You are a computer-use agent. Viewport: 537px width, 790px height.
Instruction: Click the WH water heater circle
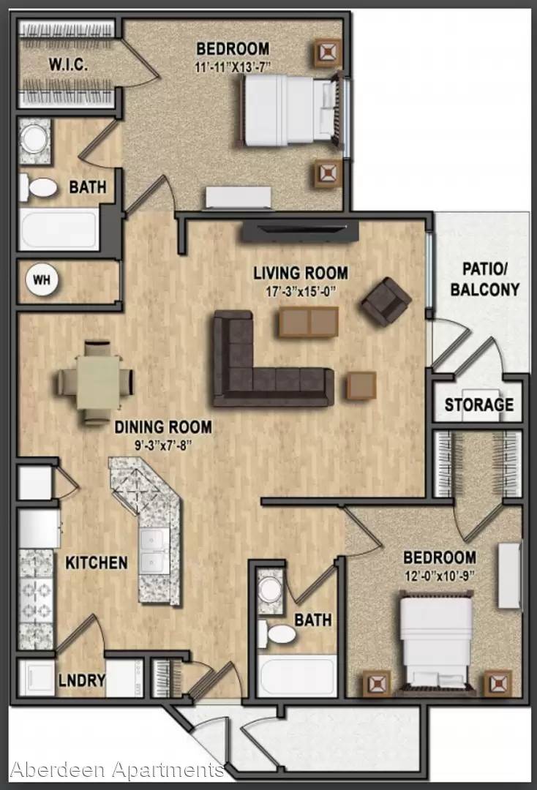pyautogui.click(x=42, y=279)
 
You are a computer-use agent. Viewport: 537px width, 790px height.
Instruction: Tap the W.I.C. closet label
pyautogui.click(x=69, y=65)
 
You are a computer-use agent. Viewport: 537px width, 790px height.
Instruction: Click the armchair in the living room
pyautogui.click(x=386, y=302)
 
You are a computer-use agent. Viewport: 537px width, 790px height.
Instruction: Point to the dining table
pyautogui.click(x=98, y=383)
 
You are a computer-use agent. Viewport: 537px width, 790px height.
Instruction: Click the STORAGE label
pyautogui.click(x=479, y=405)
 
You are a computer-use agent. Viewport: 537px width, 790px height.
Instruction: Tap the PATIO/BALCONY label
pyautogui.click(x=484, y=279)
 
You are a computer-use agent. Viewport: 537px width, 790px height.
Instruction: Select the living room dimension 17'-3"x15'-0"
pyautogui.click(x=301, y=292)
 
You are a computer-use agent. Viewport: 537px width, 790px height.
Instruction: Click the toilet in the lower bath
pyautogui.click(x=277, y=633)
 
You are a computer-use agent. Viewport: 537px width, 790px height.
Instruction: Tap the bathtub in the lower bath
pyautogui.click(x=297, y=676)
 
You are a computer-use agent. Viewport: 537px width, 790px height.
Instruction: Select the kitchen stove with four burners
pyautogui.click(x=36, y=599)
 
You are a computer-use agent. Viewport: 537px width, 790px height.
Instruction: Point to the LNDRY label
pyautogui.click(x=82, y=681)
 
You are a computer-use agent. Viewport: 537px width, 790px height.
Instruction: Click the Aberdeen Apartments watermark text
pyautogui.click(x=117, y=770)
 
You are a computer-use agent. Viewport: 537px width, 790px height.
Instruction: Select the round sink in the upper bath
pyautogui.click(x=34, y=138)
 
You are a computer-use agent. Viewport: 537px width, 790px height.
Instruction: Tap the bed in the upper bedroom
pyautogui.click(x=292, y=111)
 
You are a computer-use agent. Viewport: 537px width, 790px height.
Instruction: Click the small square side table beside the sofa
pyautogui.click(x=361, y=386)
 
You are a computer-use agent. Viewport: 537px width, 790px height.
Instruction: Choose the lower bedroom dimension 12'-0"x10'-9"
pyautogui.click(x=440, y=576)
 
